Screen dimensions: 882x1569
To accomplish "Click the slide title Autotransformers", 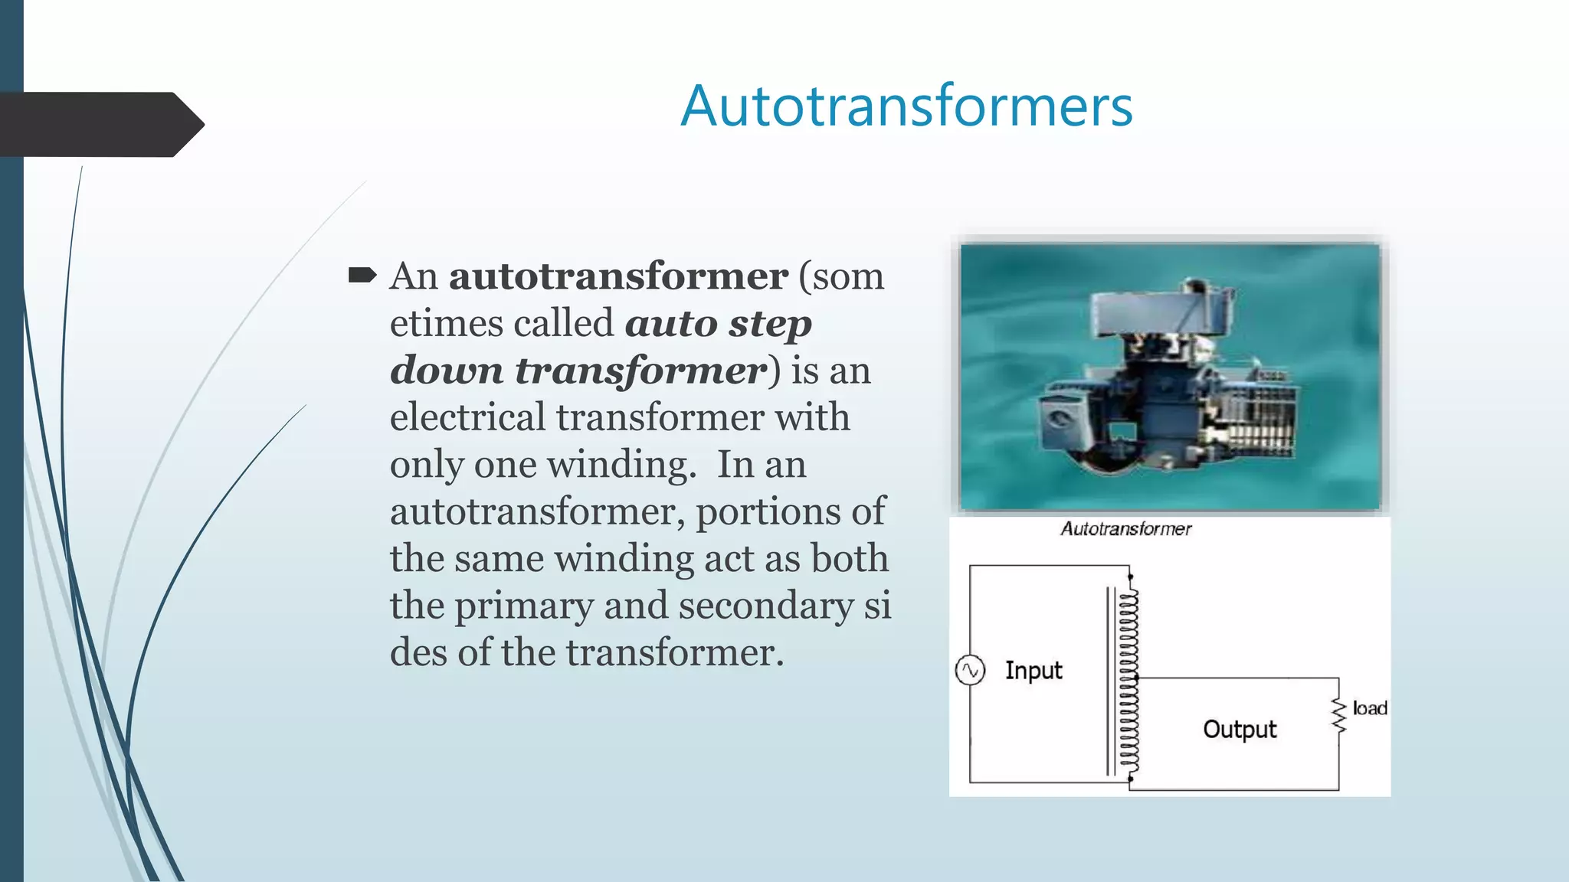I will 906,106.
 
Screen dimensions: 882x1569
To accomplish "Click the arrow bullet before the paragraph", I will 362,275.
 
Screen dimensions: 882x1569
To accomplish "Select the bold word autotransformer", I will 617,276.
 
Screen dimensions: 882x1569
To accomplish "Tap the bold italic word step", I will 769,324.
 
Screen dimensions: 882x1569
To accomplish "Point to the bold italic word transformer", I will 640,371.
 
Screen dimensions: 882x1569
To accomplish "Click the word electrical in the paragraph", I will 467,418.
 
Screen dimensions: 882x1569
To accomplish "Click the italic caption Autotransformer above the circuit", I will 1125,529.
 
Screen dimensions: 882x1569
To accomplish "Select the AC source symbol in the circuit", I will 970,671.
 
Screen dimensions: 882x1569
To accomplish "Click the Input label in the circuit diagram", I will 1033,671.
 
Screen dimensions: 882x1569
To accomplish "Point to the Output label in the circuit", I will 1240,730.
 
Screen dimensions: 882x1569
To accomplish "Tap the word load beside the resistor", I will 1370,708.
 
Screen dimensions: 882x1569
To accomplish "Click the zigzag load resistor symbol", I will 1338,715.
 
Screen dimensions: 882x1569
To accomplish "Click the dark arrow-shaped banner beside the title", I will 100,125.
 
